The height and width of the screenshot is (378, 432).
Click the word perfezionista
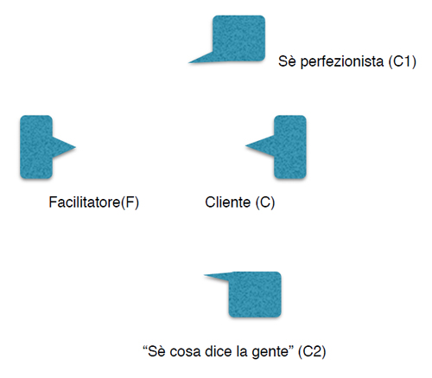pyautogui.click(x=342, y=61)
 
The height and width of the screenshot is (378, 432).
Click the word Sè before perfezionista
pyautogui.click(x=287, y=61)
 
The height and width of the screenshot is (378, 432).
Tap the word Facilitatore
pyautogui.click(x=85, y=202)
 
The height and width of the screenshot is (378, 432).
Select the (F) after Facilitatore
pyautogui.click(x=130, y=202)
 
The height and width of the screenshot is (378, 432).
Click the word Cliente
pyautogui.click(x=227, y=202)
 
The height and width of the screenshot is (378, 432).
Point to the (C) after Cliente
pyautogui.click(x=265, y=202)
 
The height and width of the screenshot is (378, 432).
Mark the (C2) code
pyautogui.click(x=312, y=351)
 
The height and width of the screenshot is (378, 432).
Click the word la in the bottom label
pyautogui.click(x=241, y=351)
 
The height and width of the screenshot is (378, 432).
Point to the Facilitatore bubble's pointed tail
pyautogui.click(x=75, y=147)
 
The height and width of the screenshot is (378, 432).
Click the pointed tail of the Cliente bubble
pyautogui.click(x=245, y=145)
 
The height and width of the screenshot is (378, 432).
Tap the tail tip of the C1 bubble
pyautogui.click(x=189, y=62)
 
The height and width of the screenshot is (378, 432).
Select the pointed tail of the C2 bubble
pyautogui.click(x=204, y=275)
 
